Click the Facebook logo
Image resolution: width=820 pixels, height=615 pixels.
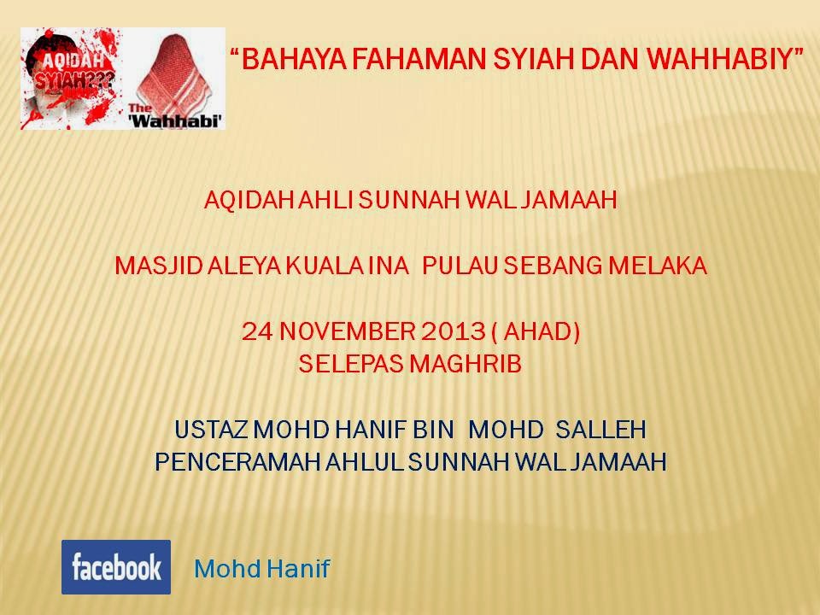[116, 567]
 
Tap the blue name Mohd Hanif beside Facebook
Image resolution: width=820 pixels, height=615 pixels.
[262, 569]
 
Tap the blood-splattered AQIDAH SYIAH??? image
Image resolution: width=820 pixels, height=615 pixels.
[71, 79]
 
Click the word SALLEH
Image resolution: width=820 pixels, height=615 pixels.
[600, 430]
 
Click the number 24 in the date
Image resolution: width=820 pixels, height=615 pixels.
[257, 331]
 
